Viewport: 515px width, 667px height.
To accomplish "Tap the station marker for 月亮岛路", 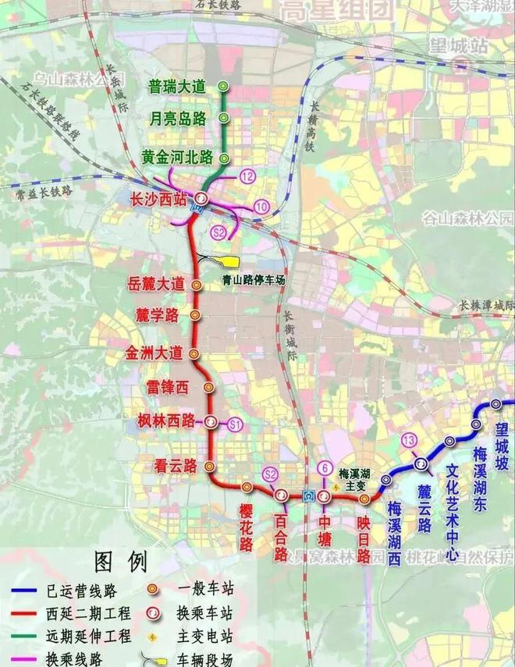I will [224, 119].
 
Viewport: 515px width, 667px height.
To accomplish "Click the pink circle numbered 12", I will [248, 177].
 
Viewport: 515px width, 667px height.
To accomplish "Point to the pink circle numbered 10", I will [261, 206].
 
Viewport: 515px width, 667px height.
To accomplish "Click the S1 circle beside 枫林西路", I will [235, 424].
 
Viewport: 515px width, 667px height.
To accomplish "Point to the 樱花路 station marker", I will [247, 487].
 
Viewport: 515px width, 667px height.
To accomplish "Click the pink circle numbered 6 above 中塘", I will [325, 468].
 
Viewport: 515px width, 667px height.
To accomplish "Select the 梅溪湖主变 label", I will [357, 478].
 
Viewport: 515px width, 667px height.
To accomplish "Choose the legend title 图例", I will [120, 562].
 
